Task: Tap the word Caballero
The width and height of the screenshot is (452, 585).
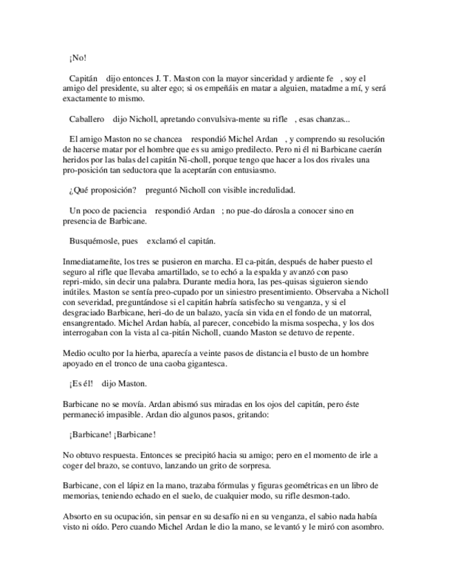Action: (87, 119)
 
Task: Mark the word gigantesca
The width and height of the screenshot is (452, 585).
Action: (208, 364)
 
